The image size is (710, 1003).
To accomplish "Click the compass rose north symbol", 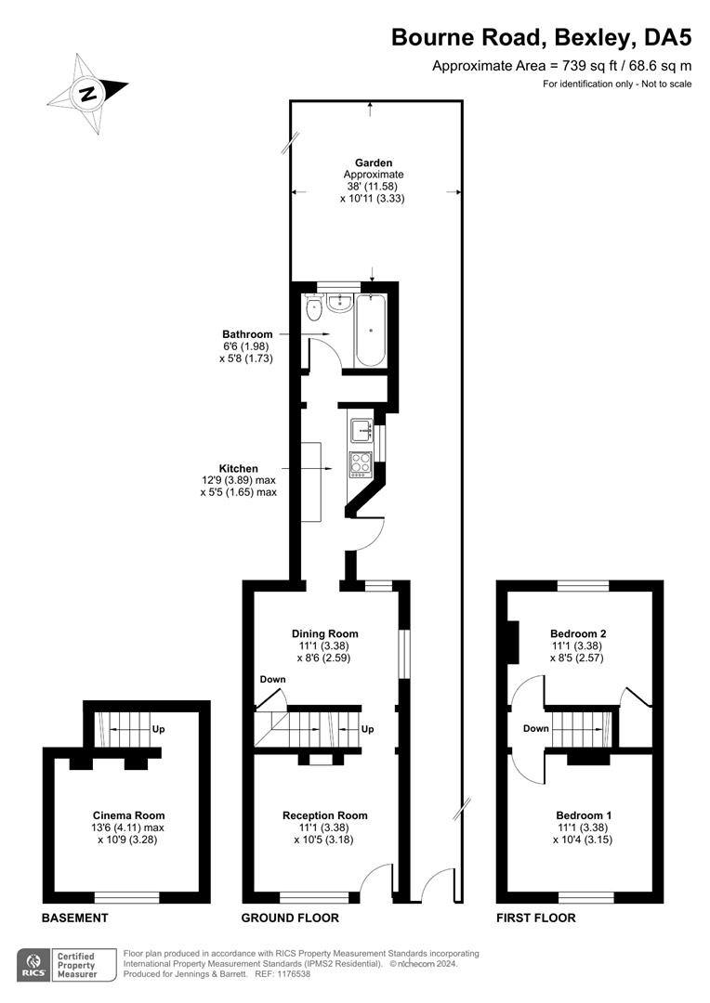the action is [x=87, y=94].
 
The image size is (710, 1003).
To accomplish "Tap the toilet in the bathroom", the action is [x=314, y=308].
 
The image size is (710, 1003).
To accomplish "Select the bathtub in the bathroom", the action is [x=371, y=330].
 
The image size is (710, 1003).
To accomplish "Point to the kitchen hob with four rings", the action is [x=360, y=463].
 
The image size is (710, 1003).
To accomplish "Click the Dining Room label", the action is [x=324, y=634].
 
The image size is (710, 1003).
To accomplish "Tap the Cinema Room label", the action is [x=128, y=815].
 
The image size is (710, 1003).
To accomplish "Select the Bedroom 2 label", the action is [x=578, y=634].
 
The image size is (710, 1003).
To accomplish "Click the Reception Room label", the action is [x=324, y=815].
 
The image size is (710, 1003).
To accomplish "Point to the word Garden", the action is [x=374, y=163].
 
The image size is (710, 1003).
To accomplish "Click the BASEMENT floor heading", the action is [x=75, y=918].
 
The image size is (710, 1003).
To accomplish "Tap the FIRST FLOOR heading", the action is [x=536, y=918].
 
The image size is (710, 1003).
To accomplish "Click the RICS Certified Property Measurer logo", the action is [x=67, y=965].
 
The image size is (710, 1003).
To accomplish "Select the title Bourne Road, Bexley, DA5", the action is [x=542, y=38].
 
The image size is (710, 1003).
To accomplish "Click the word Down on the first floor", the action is [x=536, y=729].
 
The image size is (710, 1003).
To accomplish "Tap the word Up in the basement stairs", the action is [x=158, y=729].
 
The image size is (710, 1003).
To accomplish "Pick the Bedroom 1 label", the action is [x=584, y=815].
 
